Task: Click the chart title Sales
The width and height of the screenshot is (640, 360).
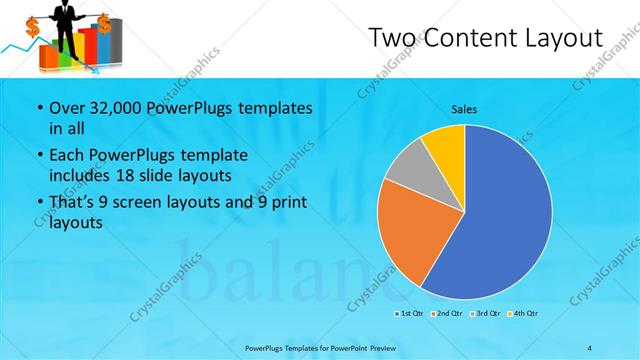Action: pyautogui.click(x=464, y=109)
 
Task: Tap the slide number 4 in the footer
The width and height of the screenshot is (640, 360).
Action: pyautogui.click(x=589, y=347)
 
